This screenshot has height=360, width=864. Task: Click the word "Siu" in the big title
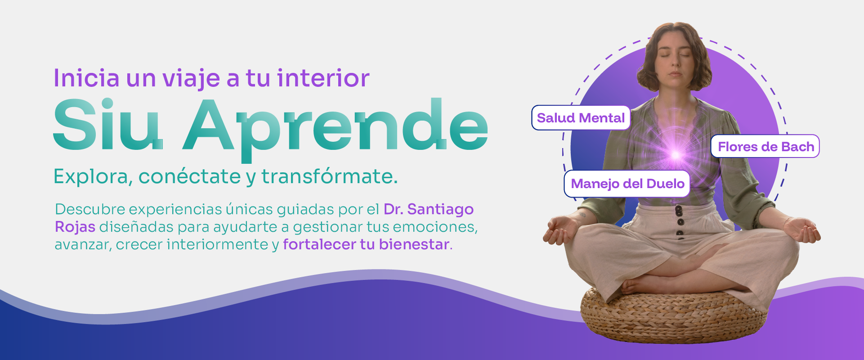108,124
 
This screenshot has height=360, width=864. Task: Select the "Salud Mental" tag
581,118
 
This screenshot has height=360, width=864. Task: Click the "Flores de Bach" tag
766,146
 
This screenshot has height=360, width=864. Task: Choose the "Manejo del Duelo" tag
627,184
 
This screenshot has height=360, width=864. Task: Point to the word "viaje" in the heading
192,79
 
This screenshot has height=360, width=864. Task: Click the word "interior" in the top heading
323,78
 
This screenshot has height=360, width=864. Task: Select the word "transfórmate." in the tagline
330,176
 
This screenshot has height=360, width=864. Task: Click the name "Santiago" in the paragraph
440,210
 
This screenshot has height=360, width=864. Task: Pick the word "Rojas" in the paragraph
75,227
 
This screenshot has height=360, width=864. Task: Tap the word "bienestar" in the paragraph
414,244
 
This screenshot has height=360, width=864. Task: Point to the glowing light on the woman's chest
675,154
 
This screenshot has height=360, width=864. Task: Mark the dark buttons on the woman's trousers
680,222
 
